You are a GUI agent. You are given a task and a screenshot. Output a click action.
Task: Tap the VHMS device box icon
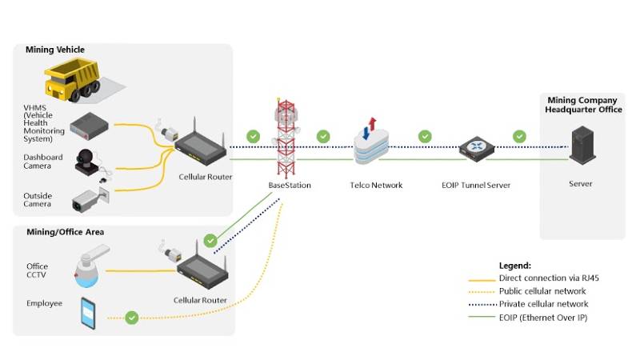coord(89,124)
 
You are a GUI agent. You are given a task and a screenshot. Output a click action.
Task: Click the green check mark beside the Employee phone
coord(132,318)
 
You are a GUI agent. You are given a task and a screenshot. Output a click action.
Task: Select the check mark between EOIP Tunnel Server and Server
coord(519,136)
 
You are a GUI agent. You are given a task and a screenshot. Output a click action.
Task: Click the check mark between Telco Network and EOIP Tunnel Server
coord(424,136)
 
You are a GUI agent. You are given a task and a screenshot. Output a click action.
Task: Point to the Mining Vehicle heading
coord(55,50)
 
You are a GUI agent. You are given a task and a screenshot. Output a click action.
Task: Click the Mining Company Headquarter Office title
coord(582,105)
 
